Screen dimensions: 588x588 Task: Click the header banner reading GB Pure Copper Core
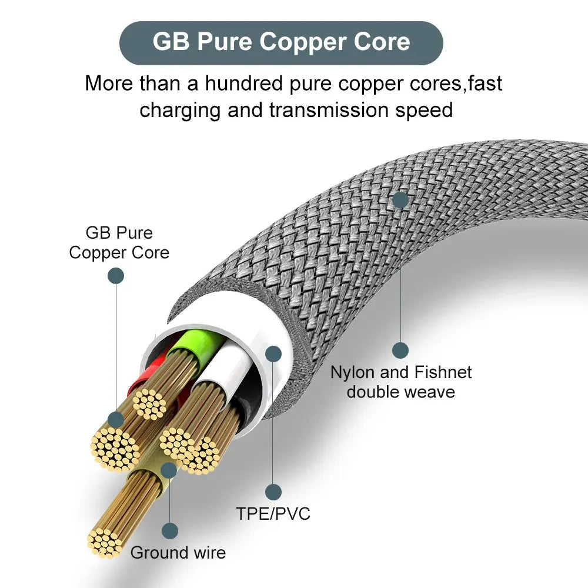point(281,42)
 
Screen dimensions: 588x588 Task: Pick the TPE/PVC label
point(273,513)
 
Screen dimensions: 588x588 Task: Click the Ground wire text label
point(178,552)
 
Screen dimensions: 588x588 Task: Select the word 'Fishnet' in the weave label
point(443,372)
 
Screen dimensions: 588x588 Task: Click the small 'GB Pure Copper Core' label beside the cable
point(119,242)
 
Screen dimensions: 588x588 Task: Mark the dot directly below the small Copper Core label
point(116,276)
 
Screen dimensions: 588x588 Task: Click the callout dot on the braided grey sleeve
point(400,200)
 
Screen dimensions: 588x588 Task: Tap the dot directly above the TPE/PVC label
point(273,492)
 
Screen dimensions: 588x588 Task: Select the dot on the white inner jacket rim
point(273,353)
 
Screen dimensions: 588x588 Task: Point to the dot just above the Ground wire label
point(170,531)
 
